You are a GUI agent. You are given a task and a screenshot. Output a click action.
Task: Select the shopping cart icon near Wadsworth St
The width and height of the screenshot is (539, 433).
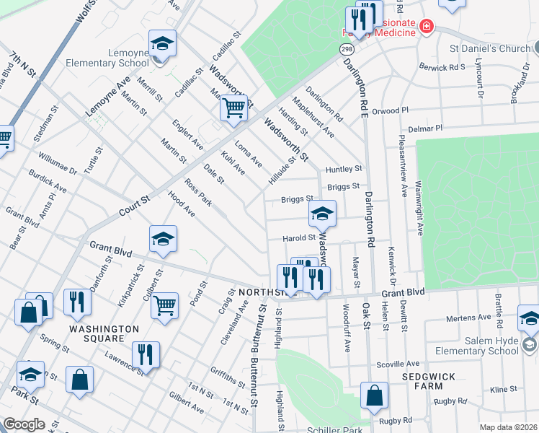tap(233, 109)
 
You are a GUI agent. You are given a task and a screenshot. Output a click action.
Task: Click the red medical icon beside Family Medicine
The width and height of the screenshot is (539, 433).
tap(427, 27)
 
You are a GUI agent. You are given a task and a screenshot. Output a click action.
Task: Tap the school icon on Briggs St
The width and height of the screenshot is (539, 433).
tap(322, 213)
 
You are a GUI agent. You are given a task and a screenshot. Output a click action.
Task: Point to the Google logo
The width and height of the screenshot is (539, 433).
tap(24, 424)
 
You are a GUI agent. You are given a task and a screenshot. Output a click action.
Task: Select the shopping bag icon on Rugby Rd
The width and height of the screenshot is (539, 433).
tap(374, 395)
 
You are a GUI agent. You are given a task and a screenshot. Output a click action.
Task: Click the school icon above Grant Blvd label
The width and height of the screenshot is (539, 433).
tap(164, 240)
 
